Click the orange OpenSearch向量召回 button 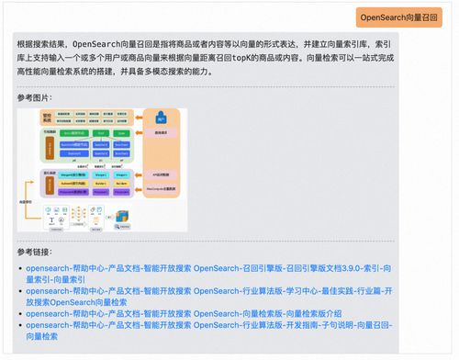click(397, 17)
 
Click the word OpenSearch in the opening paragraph click(97, 43)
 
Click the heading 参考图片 click(35, 97)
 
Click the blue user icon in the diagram click(160, 118)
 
